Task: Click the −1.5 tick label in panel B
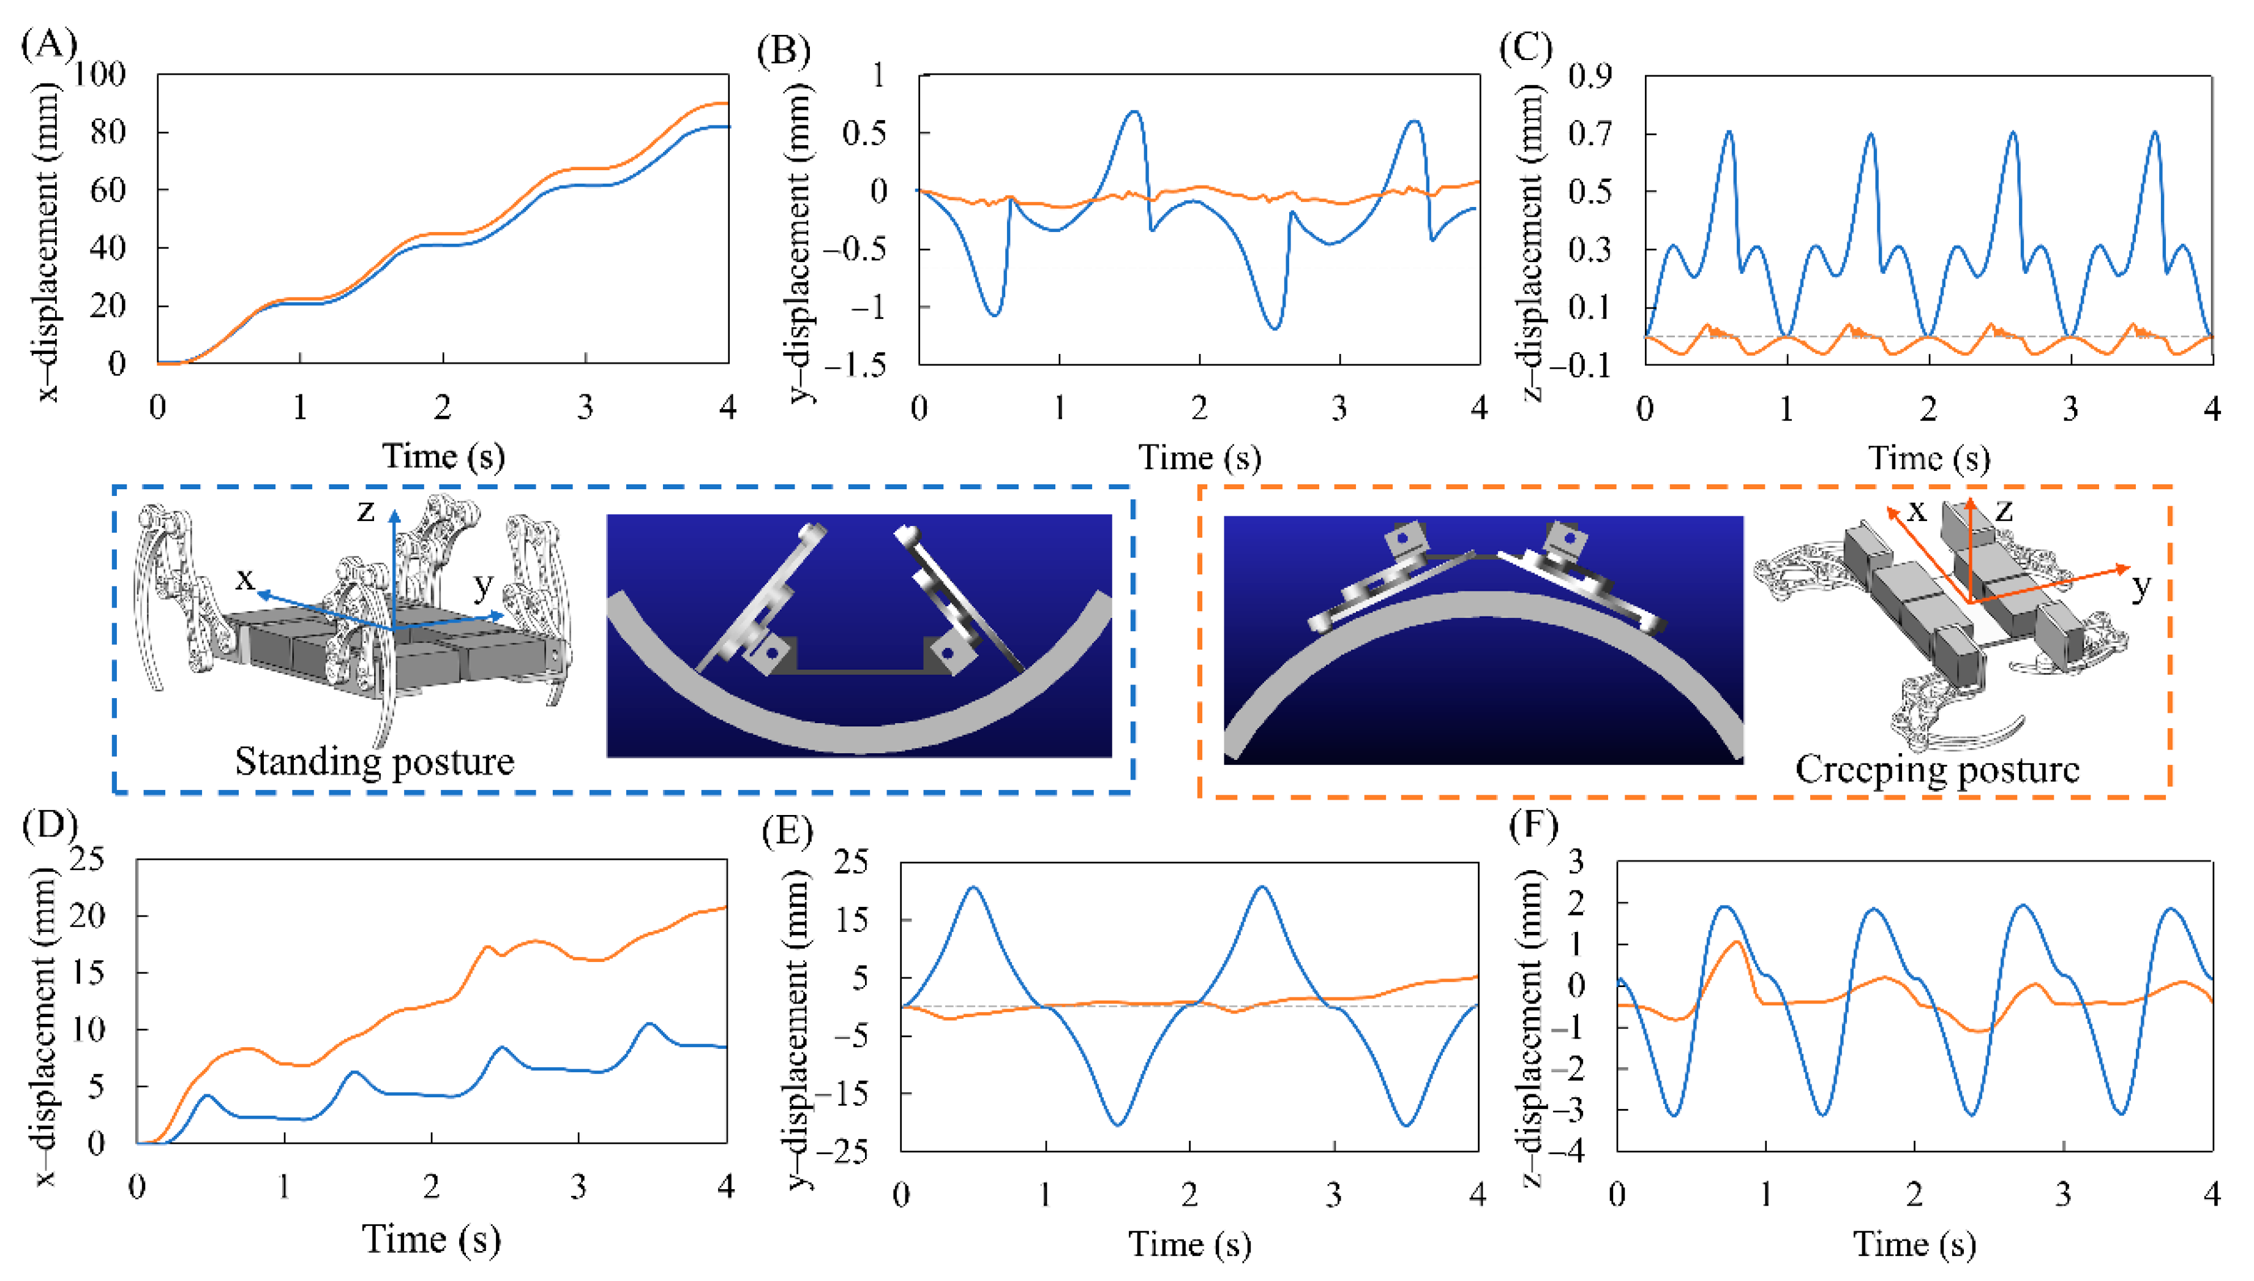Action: [x=854, y=365]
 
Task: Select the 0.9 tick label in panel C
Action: [x=1590, y=76]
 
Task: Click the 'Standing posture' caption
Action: [x=374, y=762]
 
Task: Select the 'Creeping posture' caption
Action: [x=1936, y=769]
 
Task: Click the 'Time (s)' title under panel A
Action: [x=443, y=456]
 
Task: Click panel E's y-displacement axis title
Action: [x=798, y=1029]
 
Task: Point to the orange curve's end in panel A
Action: [x=727, y=104]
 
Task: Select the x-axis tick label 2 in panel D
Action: [x=431, y=1188]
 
